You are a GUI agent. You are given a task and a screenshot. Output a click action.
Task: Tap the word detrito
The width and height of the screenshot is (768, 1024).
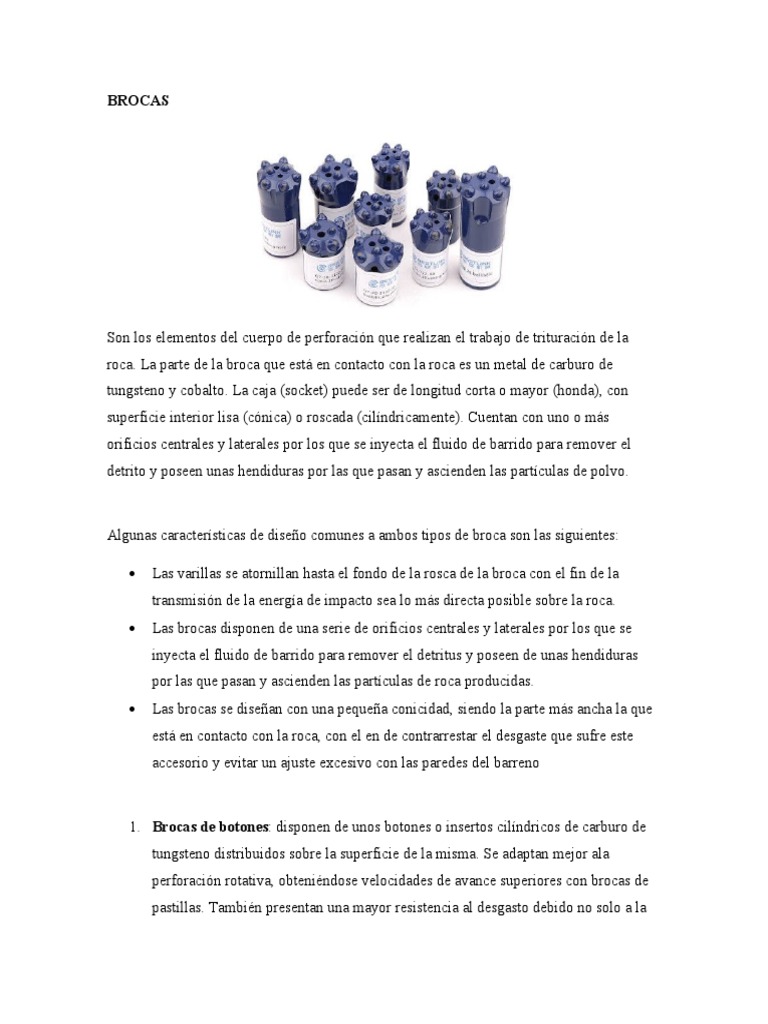pyautogui.click(x=127, y=471)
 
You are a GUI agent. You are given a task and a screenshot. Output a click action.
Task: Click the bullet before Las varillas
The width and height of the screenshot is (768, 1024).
pyautogui.click(x=133, y=574)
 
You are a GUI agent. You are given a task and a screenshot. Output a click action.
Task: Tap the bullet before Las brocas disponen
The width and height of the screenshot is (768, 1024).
pyautogui.click(x=133, y=629)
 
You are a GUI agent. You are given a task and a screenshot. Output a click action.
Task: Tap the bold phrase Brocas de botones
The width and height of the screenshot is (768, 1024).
pyautogui.click(x=211, y=828)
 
